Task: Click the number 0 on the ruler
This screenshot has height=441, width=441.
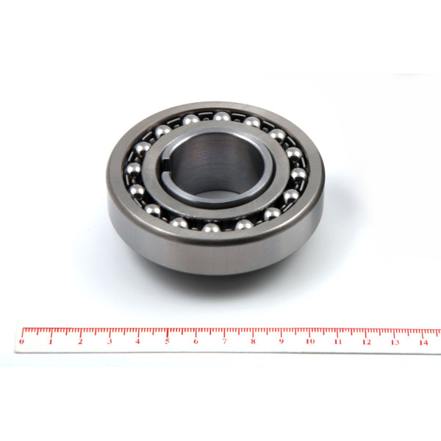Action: point(21,342)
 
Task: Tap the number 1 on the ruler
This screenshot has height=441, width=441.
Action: point(51,342)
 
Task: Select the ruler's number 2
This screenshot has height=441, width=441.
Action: point(80,342)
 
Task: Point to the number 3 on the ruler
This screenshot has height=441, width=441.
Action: point(110,342)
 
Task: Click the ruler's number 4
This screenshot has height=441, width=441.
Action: point(137,342)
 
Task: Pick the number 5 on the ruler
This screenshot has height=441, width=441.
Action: point(167,342)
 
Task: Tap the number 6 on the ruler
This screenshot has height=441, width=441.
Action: point(196,342)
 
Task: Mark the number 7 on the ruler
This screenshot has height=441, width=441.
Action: point(224,342)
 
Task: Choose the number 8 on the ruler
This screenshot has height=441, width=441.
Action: point(253,342)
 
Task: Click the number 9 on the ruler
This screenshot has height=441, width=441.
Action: point(282,342)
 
